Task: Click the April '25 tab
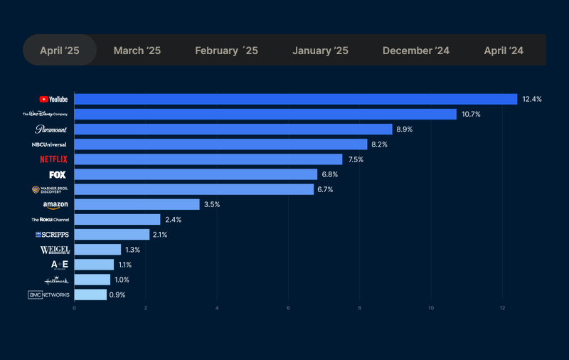point(60,51)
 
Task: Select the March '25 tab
point(137,51)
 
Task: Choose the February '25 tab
point(226,51)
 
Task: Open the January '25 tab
point(320,51)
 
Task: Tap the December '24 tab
point(416,51)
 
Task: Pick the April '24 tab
point(504,51)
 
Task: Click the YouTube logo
point(54,100)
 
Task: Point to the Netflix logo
point(54,159)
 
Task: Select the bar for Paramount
point(233,129)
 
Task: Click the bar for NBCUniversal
point(220,144)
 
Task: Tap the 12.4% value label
point(531,100)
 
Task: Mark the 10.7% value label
point(471,115)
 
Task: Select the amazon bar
point(137,204)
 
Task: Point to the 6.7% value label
point(328,189)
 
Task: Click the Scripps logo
point(52,235)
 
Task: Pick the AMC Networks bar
point(90,295)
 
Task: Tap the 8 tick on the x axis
point(360,308)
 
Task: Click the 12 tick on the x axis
point(502,308)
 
